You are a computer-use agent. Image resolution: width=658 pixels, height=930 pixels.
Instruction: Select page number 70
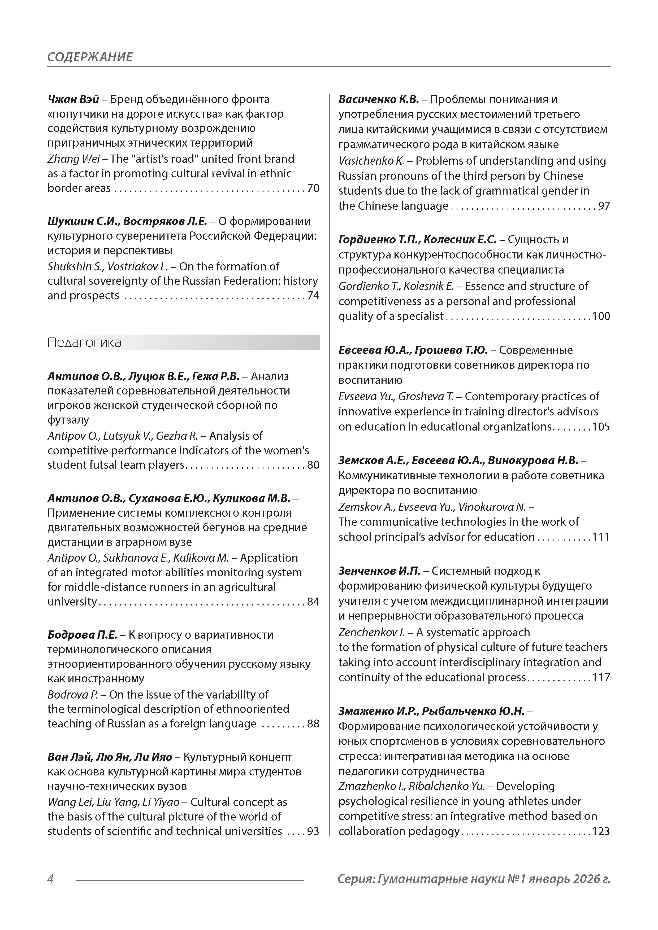pos(313,188)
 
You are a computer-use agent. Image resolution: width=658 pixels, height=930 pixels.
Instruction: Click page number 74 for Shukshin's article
pos(313,296)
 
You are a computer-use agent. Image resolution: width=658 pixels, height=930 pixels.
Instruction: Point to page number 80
pos(313,465)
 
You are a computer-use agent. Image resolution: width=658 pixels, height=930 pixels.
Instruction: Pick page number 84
pos(313,602)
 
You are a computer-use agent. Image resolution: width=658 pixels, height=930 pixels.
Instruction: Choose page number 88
pos(313,724)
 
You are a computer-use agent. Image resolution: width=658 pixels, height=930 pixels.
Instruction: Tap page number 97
pos(604,206)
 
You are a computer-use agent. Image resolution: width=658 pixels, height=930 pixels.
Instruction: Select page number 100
pos(601,316)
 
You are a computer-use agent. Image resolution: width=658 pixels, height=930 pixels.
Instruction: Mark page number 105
pos(601,427)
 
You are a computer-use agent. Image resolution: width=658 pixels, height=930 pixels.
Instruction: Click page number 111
pos(601,537)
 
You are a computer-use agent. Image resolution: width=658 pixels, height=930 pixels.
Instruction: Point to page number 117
pos(601,678)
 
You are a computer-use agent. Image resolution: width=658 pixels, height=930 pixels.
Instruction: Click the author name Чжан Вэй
pos(73,99)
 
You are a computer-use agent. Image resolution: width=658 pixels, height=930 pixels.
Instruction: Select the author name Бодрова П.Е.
pos(82,635)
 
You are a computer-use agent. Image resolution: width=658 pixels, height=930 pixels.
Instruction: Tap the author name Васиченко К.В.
pos(379,99)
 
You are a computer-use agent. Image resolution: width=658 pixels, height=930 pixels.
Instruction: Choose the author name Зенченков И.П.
pos(379,571)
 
